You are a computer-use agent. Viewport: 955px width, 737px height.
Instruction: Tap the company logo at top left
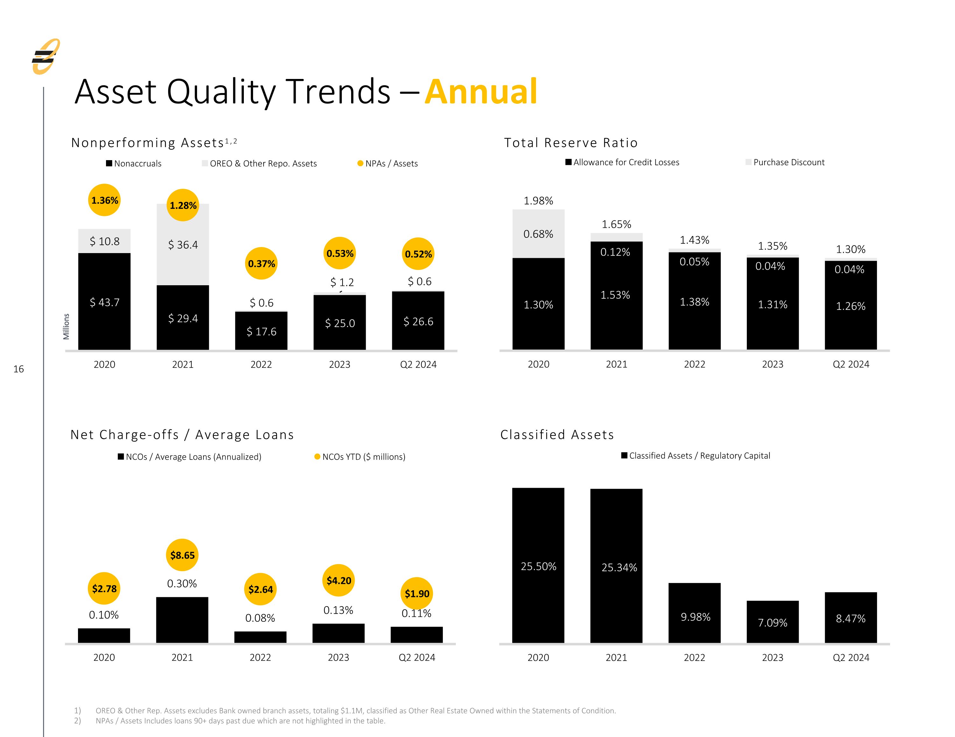tap(46, 56)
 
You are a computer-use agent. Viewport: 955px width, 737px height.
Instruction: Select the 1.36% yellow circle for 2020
tap(104, 200)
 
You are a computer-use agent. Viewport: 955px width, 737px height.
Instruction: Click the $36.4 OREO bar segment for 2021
tap(183, 244)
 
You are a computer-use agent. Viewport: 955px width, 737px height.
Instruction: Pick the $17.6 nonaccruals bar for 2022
tap(261, 331)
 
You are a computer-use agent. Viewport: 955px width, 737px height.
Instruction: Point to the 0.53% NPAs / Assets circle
tap(340, 253)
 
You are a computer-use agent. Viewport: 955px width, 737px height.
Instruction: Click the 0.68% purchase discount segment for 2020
tap(538, 234)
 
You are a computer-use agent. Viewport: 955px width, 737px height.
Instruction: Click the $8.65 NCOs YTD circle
tap(182, 555)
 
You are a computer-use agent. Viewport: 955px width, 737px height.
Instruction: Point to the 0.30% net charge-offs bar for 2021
tap(182, 620)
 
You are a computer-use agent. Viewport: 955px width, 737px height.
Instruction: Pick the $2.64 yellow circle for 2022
tap(261, 589)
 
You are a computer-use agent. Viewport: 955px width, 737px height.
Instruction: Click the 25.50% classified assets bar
tap(538, 565)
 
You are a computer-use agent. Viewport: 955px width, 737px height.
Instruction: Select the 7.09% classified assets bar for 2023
tap(773, 621)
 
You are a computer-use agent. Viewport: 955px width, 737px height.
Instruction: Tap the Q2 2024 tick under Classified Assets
tap(851, 657)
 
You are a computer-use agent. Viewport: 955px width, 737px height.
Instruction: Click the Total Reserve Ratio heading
tap(571, 143)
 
